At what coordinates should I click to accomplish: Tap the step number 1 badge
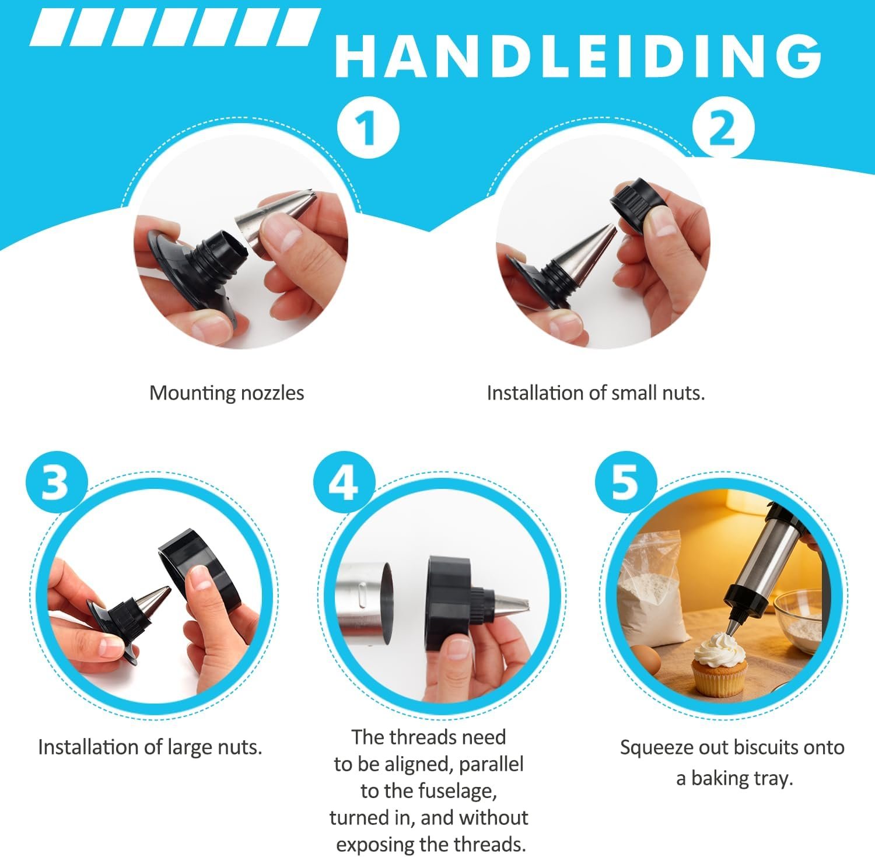click(368, 127)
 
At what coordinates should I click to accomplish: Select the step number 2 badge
click(723, 127)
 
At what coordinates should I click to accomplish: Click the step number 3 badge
click(56, 481)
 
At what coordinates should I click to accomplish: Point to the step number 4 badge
click(344, 481)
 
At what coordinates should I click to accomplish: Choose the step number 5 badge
click(626, 481)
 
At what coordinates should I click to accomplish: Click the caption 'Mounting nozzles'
click(227, 393)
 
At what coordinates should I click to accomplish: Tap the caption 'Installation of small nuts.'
click(596, 393)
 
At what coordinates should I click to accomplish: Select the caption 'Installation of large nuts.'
click(150, 747)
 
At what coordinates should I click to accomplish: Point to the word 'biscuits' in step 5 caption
click(766, 747)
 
